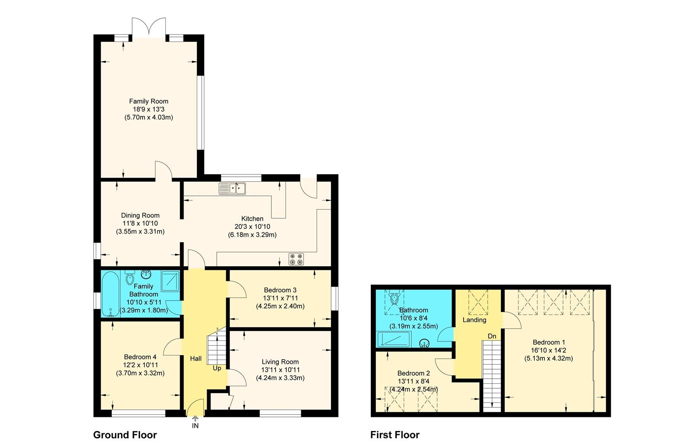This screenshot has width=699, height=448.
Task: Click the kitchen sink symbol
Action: (x=232, y=189)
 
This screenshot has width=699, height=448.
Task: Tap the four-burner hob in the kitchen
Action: (x=296, y=259)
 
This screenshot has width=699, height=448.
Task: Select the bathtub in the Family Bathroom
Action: (x=111, y=295)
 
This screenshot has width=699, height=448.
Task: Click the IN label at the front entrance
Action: (x=195, y=426)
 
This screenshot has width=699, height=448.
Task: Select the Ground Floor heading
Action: (x=125, y=435)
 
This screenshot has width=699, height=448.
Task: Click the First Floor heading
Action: (x=395, y=435)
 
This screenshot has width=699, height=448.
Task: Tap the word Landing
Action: (x=474, y=320)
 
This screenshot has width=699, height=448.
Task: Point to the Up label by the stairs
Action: (x=217, y=368)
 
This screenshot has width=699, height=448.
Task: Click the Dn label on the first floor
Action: (x=492, y=336)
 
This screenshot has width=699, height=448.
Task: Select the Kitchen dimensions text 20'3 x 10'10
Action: (x=252, y=226)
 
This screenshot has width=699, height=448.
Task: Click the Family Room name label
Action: (x=148, y=101)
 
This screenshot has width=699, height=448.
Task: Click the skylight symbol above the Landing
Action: (x=478, y=302)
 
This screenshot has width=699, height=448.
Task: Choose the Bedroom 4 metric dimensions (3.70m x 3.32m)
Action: (x=140, y=373)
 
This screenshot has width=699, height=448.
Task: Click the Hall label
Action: (x=196, y=359)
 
